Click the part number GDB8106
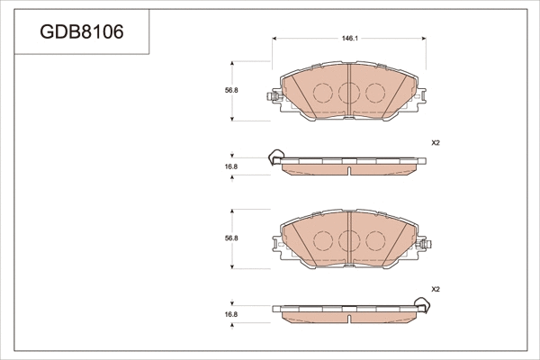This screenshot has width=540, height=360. tap(82, 33)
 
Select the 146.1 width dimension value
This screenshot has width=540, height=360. tap(349, 39)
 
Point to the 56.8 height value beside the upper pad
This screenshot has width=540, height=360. tap(230, 90)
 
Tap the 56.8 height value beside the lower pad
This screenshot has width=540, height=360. tap(230, 238)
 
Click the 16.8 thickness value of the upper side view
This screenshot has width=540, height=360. tap(230, 166)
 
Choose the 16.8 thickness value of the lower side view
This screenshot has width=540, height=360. tap(230, 314)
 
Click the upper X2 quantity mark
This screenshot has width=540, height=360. tap(436, 143)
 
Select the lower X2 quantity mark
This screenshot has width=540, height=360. tap(436, 290)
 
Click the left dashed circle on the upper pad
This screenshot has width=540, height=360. tap(322, 92)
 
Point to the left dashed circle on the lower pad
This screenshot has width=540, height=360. tap(322, 240)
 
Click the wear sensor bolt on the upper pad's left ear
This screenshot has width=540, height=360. tap(272, 97)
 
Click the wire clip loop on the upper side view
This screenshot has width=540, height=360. tap(274, 159)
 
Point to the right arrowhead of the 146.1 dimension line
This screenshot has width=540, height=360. tap(424, 39)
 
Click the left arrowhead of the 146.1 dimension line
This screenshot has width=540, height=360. tap(274, 39)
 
